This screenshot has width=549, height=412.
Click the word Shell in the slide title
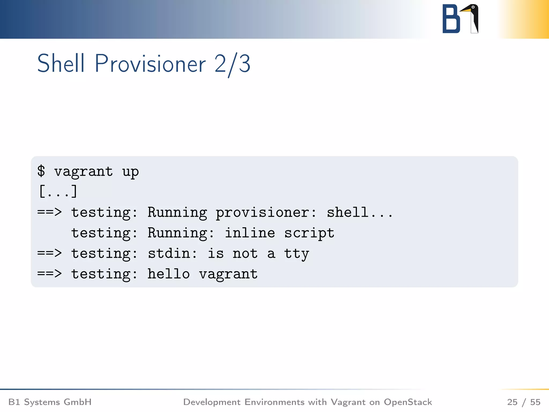point(61,64)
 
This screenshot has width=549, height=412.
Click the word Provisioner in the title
point(150,64)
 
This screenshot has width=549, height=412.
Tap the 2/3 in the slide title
point(232,64)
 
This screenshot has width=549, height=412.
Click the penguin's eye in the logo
point(473,7)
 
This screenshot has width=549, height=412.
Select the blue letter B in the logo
point(451,19)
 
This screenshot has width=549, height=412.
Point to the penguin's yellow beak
point(466,10)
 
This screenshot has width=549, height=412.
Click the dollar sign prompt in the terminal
point(41,171)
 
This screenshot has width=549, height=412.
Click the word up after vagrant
point(130,172)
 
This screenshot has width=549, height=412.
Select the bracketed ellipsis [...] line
point(58,191)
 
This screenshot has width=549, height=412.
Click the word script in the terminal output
point(309,233)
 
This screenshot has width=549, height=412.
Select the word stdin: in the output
point(172,253)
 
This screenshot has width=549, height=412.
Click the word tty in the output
point(296,254)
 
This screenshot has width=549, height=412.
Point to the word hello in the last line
point(169,274)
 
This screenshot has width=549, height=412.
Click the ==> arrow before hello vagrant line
point(50,274)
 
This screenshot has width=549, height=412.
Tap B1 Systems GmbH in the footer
point(50,402)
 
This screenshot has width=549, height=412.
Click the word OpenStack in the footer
point(408,402)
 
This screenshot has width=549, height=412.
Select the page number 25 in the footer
point(512,402)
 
